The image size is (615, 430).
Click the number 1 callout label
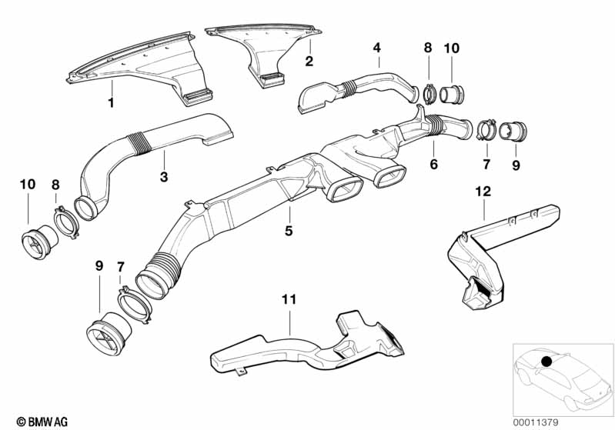pyautogui.click(x=111, y=103)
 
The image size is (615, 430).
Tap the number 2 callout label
pyautogui.click(x=309, y=61)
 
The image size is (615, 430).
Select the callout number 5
pyautogui.click(x=289, y=231)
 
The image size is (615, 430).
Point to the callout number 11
pyautogui.click(x=289, y=299)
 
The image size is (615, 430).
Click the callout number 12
pyautogui.click(x=483, y=192)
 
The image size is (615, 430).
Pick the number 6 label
pyautogui.click(x=433, y=165)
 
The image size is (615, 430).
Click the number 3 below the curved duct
pyautogui.click(x=164, y=177)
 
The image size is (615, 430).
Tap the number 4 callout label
pyautogui.click(x=377, y=48)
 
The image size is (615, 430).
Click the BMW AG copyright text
pyautogui.click(x=42, y=422)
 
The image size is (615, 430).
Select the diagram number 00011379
pyautogui.click(x=536, y=422)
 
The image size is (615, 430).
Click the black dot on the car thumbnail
pyautogui.click(x=546, y=361)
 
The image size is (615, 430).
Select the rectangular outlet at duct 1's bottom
pyautogui.click(x=198, y=96)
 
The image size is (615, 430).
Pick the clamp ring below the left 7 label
pyautogui.click(x=135, y=305)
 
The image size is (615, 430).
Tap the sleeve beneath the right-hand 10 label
pyautogui.click(x=452, y=94)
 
